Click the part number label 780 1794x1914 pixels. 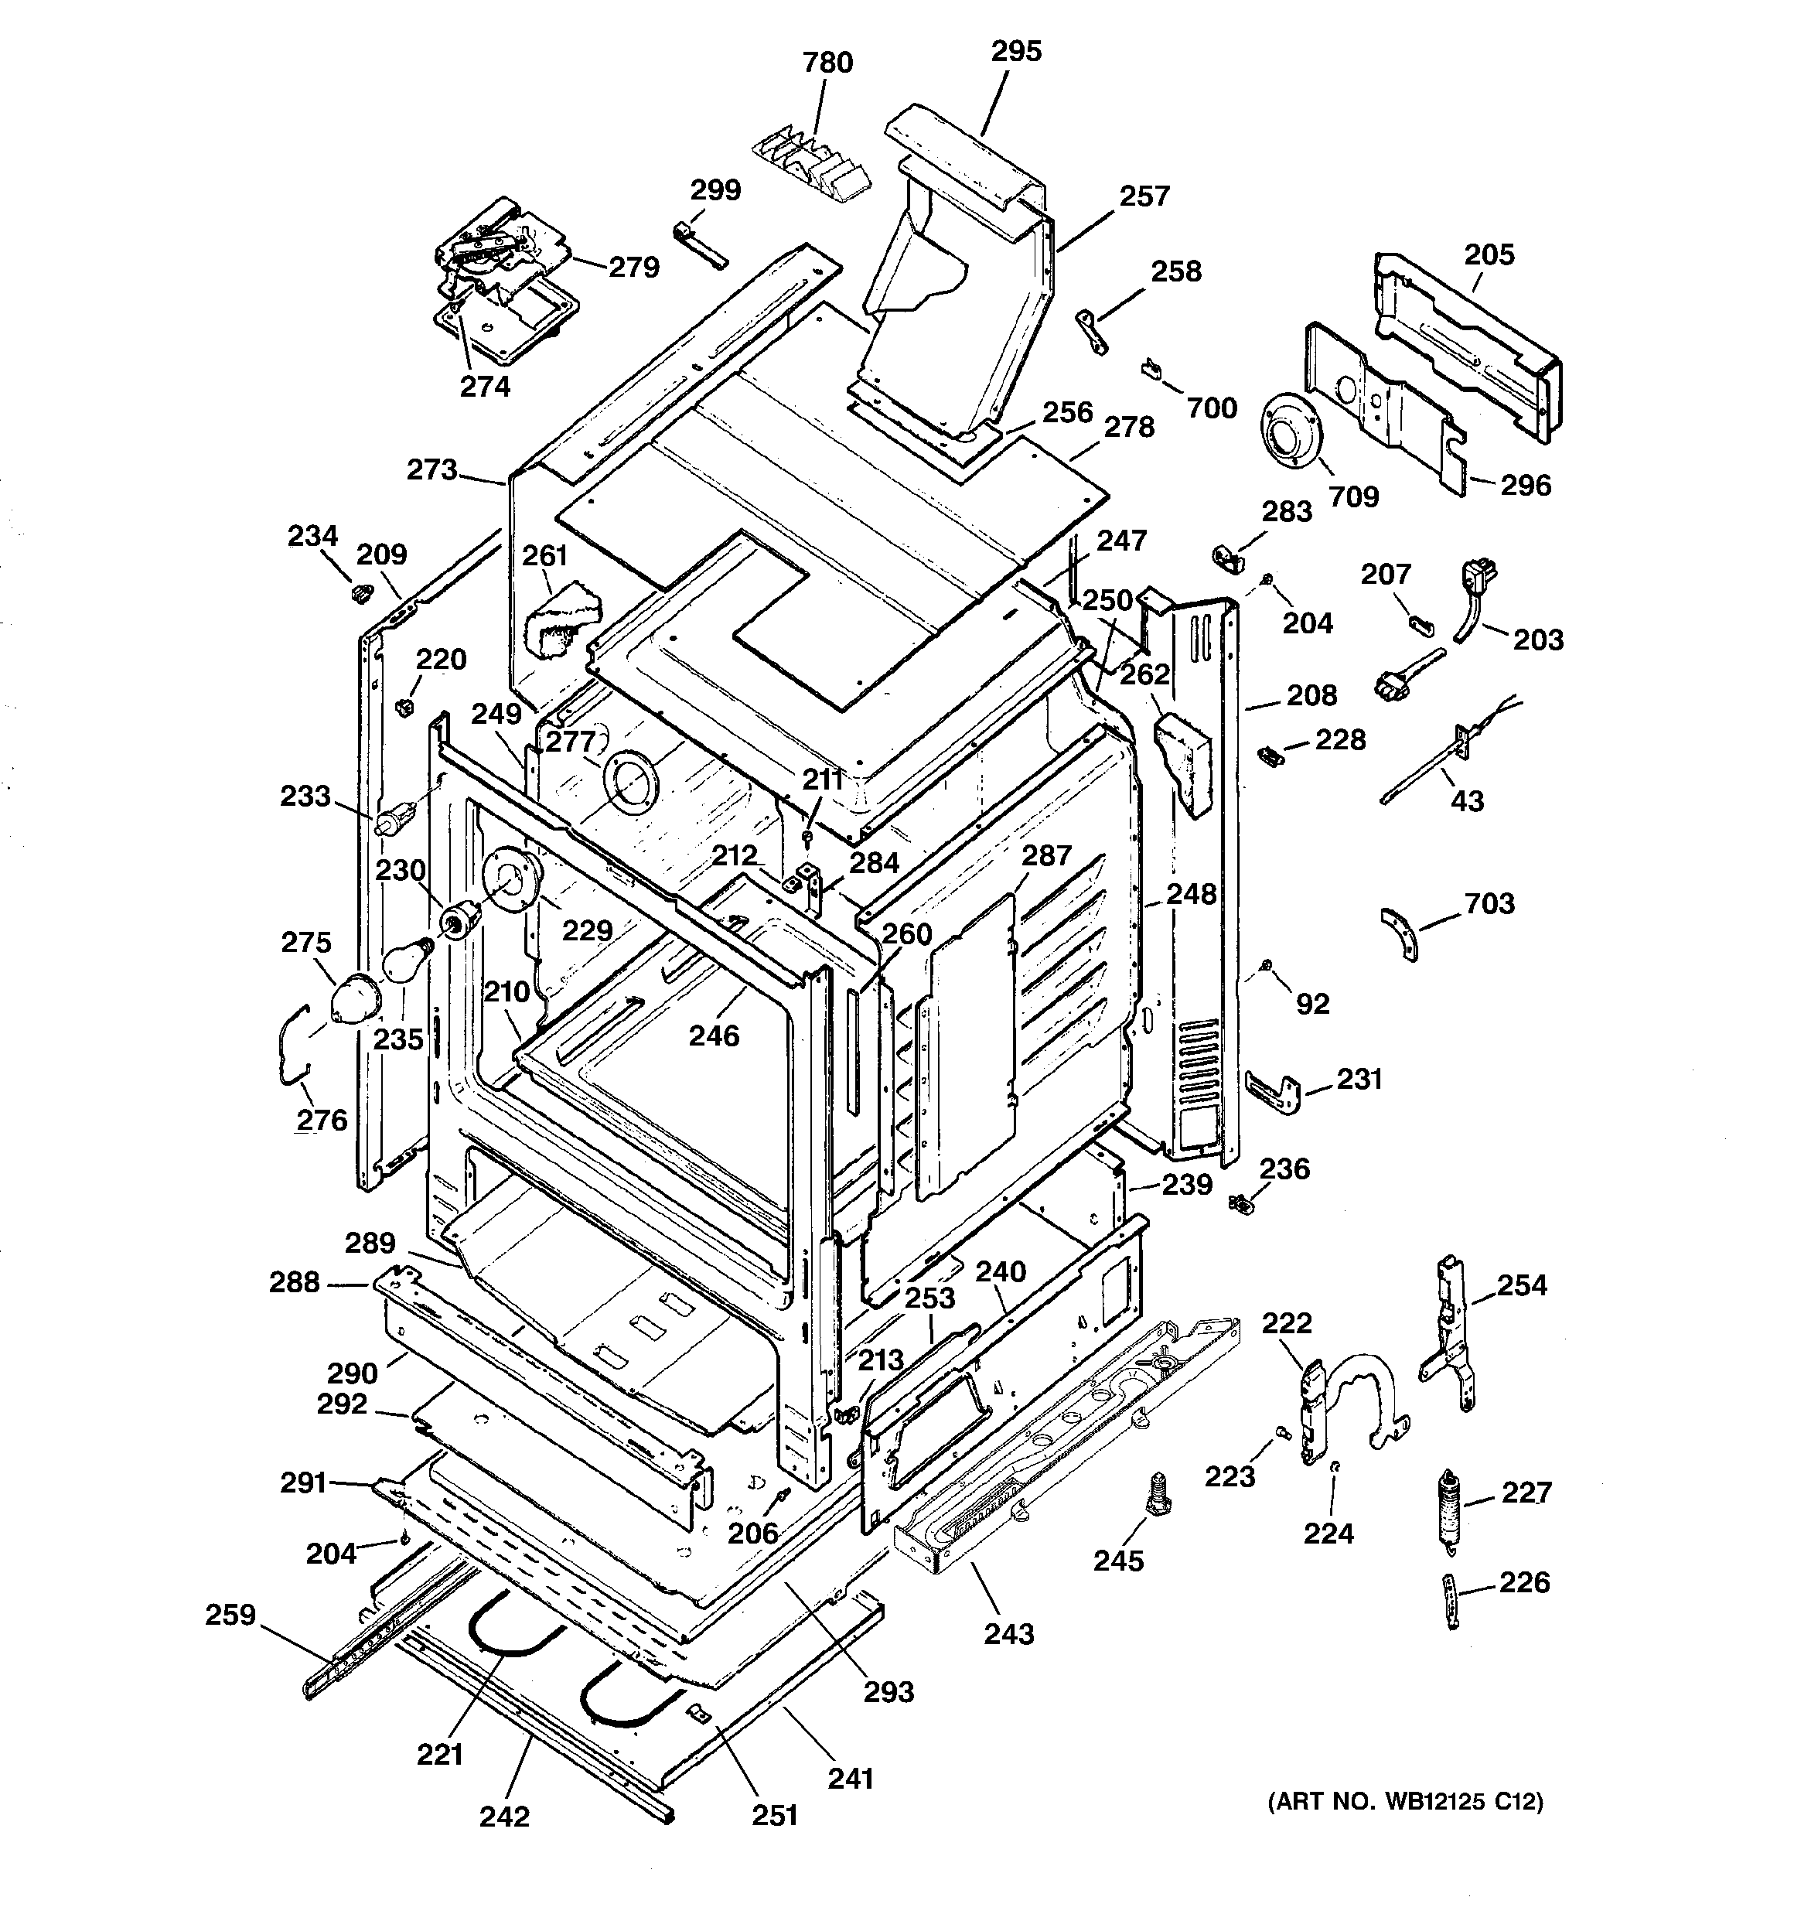827,63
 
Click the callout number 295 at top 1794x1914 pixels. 1016,51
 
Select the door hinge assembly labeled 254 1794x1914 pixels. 1448,1332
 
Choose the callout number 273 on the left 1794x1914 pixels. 431,470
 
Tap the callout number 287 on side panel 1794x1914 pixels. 1045,855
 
